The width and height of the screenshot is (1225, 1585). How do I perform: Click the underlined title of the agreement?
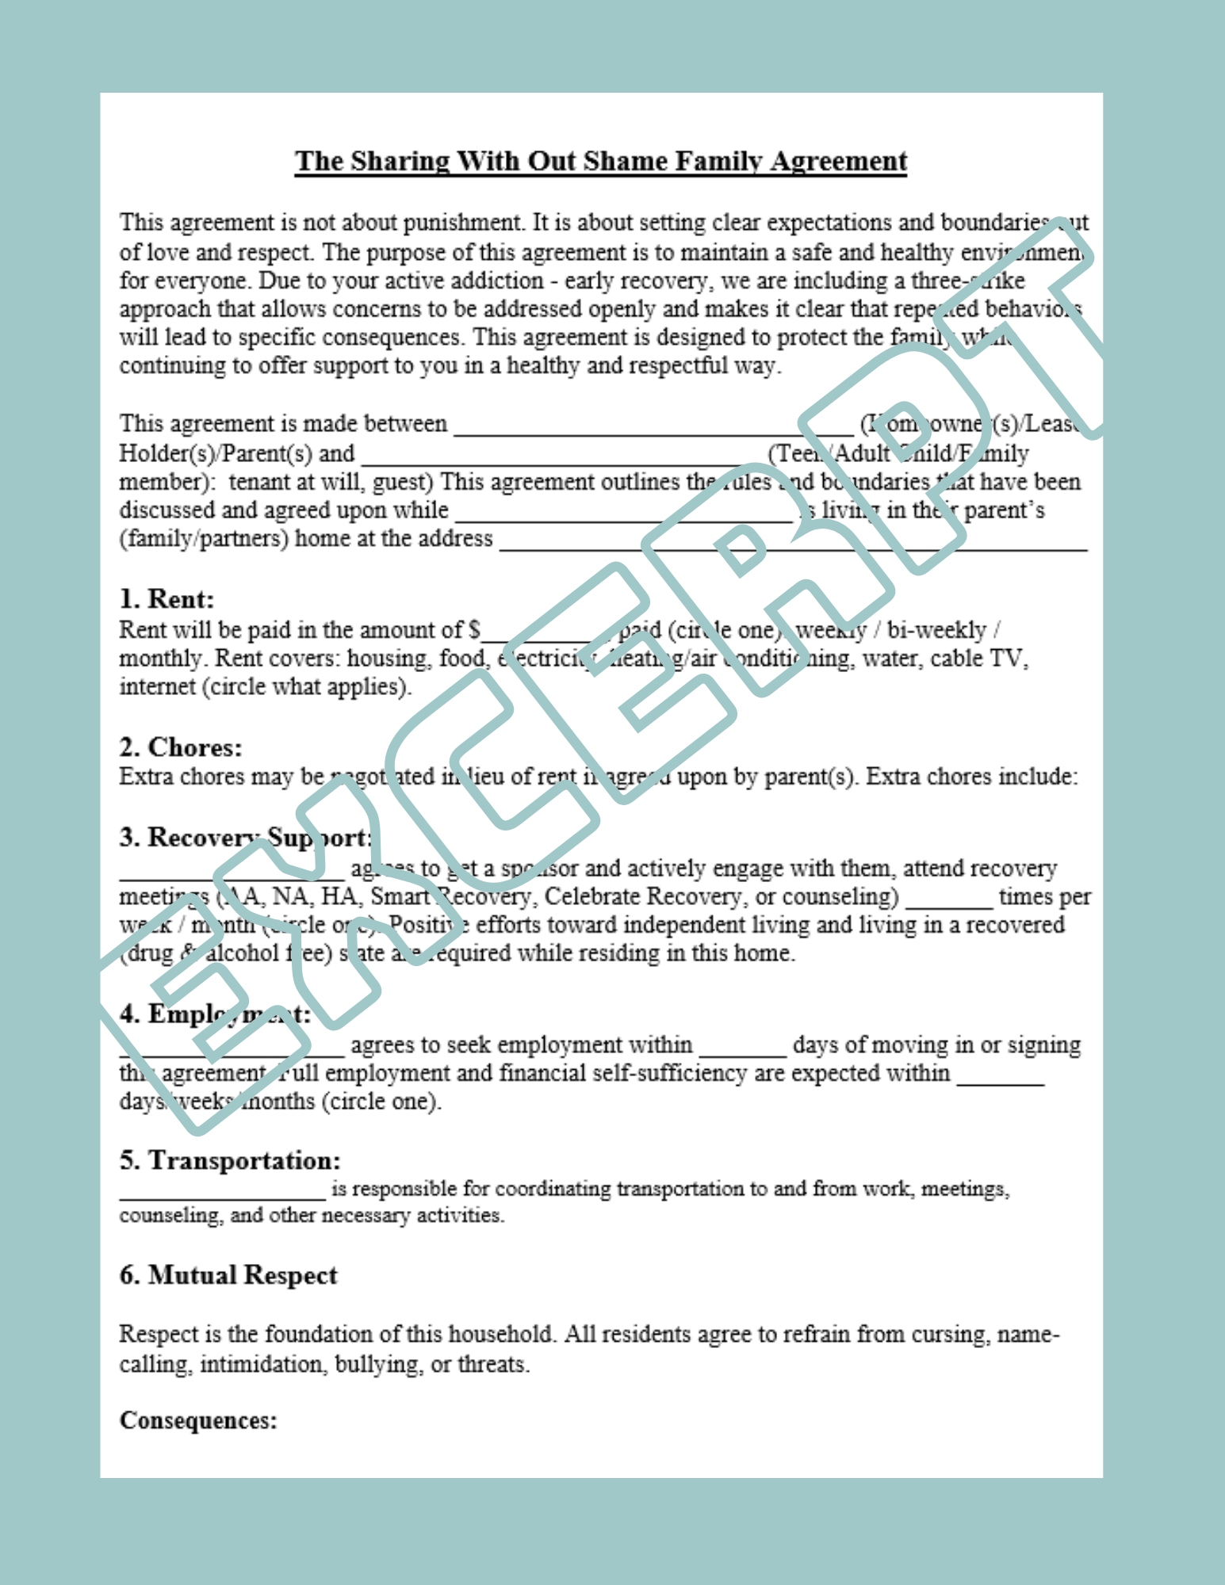(x=600, y=162)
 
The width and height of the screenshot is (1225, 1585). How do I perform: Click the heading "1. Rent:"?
(x=167, y=599)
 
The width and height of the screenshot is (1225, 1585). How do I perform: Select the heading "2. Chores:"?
(x=181, y=747)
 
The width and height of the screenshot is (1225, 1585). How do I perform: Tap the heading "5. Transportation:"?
(x=230, y=1160)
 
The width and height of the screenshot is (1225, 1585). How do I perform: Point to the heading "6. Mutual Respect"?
(x=228, y=1275)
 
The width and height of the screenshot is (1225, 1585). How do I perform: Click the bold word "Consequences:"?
(x=198, y=1420)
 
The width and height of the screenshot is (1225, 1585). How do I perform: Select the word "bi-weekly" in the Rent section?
(x=936, y=630)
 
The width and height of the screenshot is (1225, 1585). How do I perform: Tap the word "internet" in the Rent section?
(x=157, y=686)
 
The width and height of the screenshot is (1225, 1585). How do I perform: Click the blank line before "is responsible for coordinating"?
(x=223, y=1197)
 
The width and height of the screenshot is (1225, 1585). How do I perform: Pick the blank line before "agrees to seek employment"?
(x=232, y=1052)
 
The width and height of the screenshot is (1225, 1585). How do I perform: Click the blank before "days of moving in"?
(x=742, y=1052)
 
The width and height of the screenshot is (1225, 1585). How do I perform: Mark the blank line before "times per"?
(x=948, y=903)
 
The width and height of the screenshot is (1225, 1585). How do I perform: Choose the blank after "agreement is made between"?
(x=653, y=430)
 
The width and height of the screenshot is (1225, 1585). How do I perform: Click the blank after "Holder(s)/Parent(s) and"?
(x=561, y=460)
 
